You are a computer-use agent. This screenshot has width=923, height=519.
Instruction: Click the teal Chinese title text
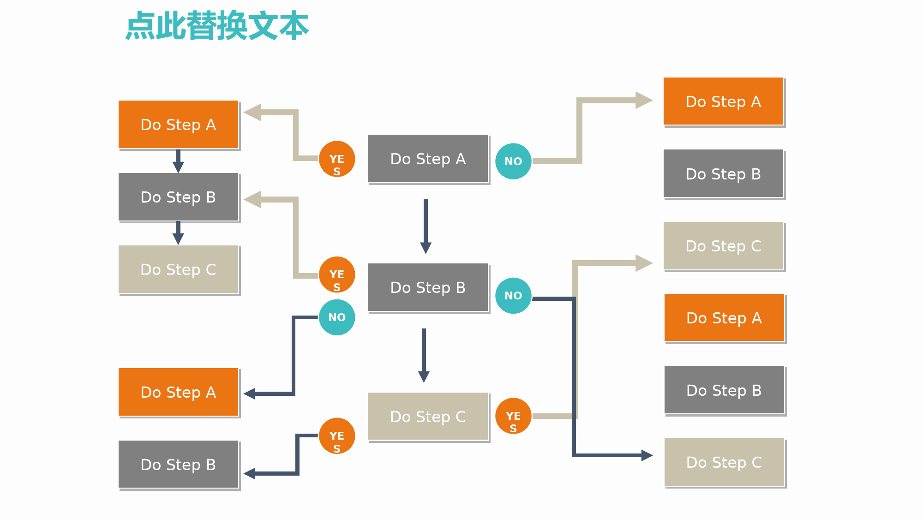tap(217, 26)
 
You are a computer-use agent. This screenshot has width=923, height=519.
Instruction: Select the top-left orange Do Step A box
tap(179, 125)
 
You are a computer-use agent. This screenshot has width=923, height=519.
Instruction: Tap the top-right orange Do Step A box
tap(724, 101)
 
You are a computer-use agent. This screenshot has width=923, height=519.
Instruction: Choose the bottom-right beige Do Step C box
tap(724, 462)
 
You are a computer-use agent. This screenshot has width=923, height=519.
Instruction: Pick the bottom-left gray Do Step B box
tap(179, 465)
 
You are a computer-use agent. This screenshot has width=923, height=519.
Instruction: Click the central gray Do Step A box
tap(428, 159)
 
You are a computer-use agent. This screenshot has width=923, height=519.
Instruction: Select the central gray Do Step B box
tap(428, 287)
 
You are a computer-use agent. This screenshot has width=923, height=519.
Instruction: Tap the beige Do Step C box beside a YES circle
tap(428, 417)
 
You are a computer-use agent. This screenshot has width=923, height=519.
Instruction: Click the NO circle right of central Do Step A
tap(513, 161)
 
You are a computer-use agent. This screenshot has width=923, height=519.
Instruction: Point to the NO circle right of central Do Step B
tap(513, 296)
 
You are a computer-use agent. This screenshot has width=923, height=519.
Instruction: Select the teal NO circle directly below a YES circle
tap(337, 317)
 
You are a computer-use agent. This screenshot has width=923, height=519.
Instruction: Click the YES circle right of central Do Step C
tap(513, 416)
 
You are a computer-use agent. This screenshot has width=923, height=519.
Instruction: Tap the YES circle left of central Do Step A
tap(337, 159)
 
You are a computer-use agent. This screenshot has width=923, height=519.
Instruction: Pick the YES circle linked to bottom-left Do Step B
tap(337, 436)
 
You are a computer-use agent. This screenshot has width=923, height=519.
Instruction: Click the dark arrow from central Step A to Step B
tap(426, 227)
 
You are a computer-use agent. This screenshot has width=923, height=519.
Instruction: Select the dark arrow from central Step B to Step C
tap(424, 355)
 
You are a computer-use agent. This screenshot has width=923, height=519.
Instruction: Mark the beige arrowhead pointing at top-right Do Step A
tap(644, 100)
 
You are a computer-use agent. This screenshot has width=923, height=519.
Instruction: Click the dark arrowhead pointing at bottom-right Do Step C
tap(647, 455)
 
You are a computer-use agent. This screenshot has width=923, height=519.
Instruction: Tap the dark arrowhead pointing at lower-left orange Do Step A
tap(249, 394)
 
